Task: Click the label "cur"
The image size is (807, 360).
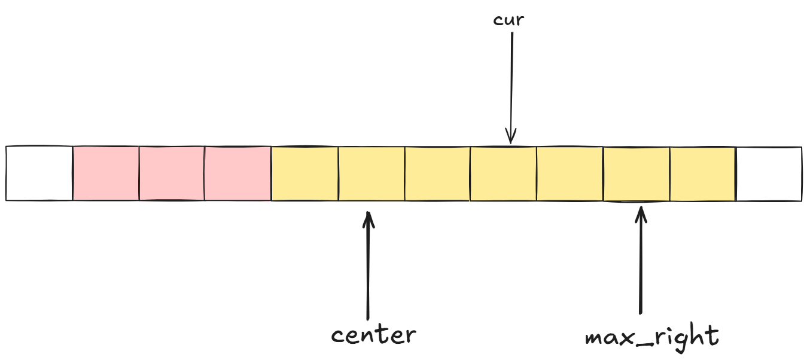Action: (508, 20)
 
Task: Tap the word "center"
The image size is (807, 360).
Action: (373, 334)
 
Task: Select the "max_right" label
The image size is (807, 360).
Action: (651, 337)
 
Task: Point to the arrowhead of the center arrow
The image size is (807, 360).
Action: (369, 216)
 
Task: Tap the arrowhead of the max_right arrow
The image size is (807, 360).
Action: (641, 213)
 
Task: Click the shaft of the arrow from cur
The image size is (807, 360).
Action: (511, 78)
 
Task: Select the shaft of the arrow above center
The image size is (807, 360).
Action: (368, 269)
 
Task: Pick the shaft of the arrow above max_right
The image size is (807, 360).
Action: (641, 263)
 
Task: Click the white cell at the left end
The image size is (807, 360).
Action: (39, 173)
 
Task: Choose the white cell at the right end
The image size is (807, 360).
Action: (769, 173)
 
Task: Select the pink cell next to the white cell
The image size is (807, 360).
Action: (106, 173)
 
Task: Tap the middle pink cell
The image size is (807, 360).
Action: (172, 173)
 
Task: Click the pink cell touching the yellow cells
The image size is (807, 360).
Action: (238, 173)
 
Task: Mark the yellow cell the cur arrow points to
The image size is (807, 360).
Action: (503, 173)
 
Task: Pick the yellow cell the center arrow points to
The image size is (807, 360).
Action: (371, 173)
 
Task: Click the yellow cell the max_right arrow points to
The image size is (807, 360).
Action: (636, 173)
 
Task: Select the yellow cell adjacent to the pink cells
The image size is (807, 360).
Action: (304, 173)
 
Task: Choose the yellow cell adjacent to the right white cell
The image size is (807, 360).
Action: (702, 173)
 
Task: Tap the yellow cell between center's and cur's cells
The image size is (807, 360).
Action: (437, 173)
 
